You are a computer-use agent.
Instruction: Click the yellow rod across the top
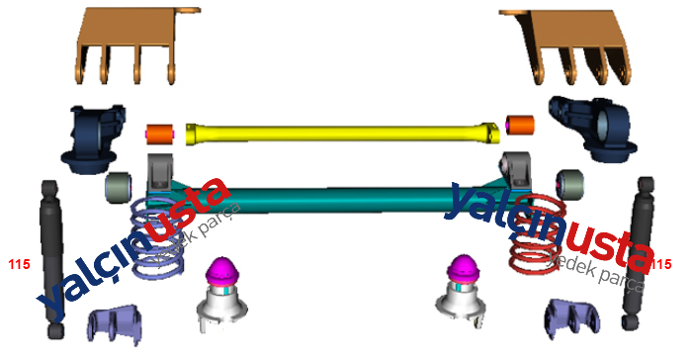(342, 134)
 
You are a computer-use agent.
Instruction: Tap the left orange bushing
(160, 134)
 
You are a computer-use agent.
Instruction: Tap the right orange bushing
(520, 125)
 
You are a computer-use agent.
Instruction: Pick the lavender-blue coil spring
(156, 238)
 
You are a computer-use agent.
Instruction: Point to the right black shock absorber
(639, 253)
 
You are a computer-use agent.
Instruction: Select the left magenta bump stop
(222, 269)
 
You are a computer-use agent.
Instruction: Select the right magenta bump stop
(464, 267)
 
